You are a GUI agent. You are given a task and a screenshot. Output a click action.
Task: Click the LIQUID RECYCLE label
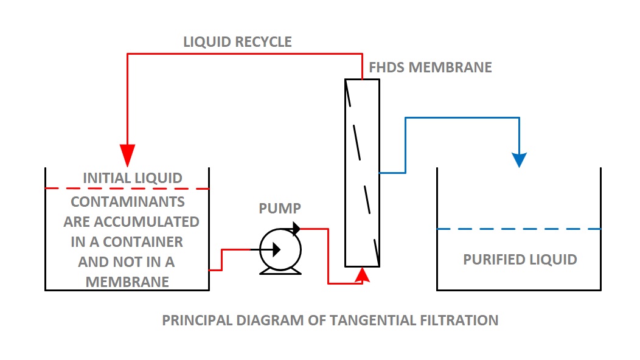pyautogui.click(x=237, y=42)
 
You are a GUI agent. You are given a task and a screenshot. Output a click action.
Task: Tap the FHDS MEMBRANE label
pyautogui.click(x=430, y=67)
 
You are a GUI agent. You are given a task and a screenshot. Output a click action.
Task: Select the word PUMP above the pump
pyautogui.click(x=280, y=209)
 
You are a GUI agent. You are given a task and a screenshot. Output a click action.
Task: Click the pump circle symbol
pyautogui.click(x=280, y=249)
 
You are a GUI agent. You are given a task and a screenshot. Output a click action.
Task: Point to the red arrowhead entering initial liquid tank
pyautogui.click(x=127, y=155)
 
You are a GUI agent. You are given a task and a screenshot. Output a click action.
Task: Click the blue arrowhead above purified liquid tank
pyautogui.click(x=519, y=159)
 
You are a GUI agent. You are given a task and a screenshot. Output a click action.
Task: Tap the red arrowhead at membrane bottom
pyautogui.click(x=362, y=276)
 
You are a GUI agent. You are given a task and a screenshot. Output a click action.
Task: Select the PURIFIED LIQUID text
pyautogui.click(x=520, y=260)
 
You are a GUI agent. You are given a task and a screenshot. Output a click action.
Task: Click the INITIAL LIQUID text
pyautogui.click(x=133, y=178)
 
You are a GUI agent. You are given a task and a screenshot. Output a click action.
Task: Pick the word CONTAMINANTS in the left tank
pyautogui.click(x=128, y=201)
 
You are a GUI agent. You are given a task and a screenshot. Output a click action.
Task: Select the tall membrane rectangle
pyautogui.click(x=362, y=173)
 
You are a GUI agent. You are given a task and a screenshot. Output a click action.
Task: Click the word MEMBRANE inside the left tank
pyautogui.click(x=127, y=282)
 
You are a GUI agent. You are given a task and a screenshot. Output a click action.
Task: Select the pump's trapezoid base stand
pyautogui.click(x=280, y=270)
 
